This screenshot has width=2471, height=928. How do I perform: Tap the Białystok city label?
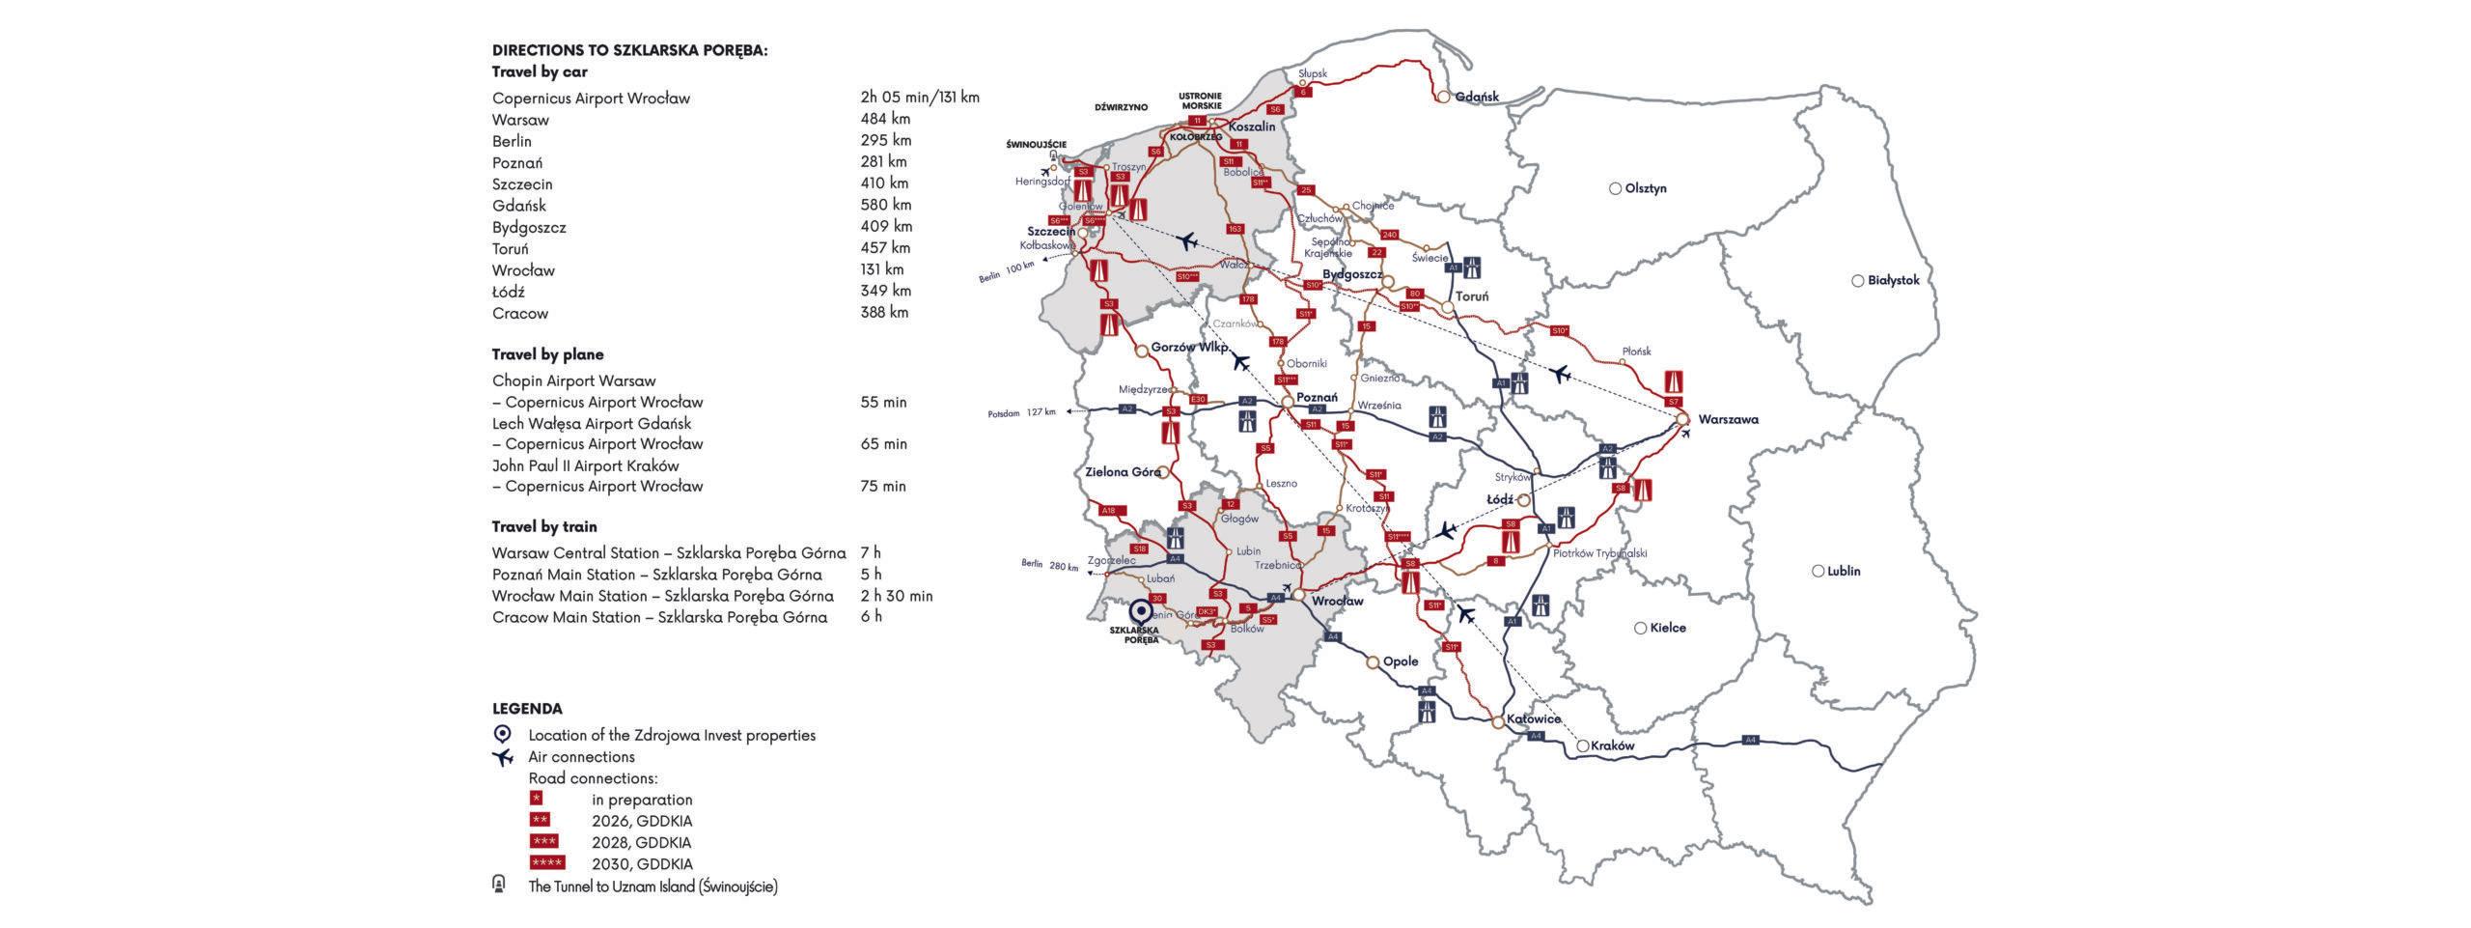pyautogui.click(x=1893, y=280)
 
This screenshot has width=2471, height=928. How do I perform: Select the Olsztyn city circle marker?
pyautogui.click(x=1615, y=188)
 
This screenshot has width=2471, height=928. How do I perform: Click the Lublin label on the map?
pyautogui.click(x=1843, y=571)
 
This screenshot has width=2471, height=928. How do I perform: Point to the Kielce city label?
pyautogui.click(x=1668, y=628)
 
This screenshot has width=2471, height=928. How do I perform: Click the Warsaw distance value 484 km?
pyautogui.click(x=885, y=119)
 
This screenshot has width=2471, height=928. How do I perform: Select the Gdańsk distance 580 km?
pyautogui.click(x=885, y=205)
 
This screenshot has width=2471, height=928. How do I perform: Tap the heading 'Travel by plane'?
pyautogui.click(x=547, y=354)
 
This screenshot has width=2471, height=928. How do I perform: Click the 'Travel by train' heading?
pyautogui.click(x=543, y=526)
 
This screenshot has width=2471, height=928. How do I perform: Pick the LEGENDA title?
pyautogui.click(x=526, y=709)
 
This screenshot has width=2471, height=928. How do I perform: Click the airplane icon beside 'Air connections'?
pyautogui.click(x=502, y=757)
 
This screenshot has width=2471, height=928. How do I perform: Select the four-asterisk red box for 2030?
pyautogui.click(x=547, y=863)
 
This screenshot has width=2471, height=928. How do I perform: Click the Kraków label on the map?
pyautogui.click(x=1611, y=746)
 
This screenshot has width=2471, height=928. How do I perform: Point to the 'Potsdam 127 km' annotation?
pyautogui.click(x=1020, y=412)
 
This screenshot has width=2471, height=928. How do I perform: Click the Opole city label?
pyautogui.click(x=1401, y=661)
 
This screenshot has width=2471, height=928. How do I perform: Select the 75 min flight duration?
pyautogui.click(x=883, y=486)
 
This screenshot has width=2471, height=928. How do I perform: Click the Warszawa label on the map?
pyautogui.click(x=1728, y=419)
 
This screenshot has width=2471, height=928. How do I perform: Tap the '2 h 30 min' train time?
pyautogui.click(x=896, y=596)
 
